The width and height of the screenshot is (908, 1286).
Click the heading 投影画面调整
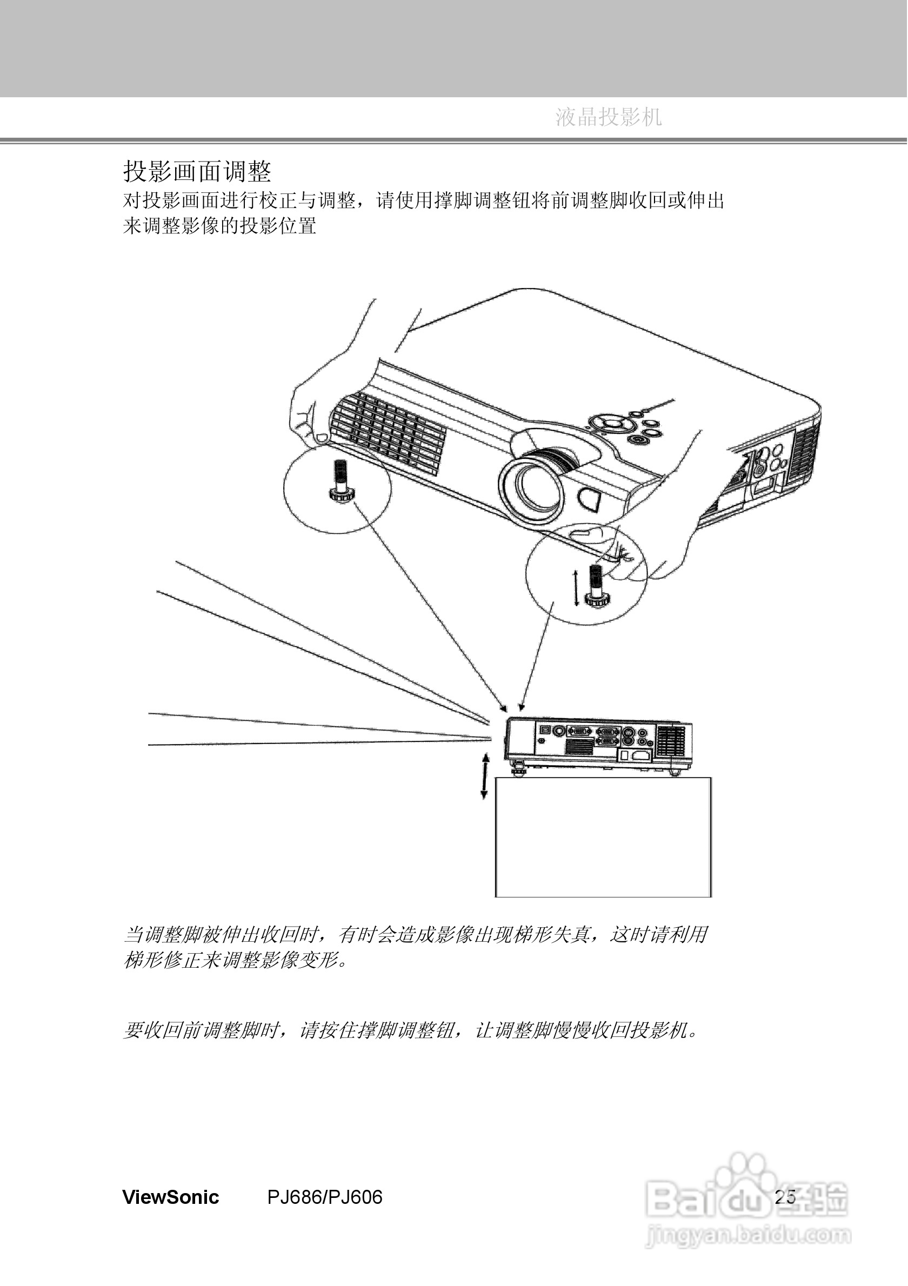pyautogui.click(x=197, y=171)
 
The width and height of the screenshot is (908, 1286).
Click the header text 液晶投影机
pyautogui.click(x=609, y=117)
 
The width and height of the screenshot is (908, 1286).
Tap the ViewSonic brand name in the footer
pyautogui.click(x=171, y=1197)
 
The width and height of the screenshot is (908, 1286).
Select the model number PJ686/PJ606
pyautogui.click(x=325, y=1197)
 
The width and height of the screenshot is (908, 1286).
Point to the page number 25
pyautogui.click(x=785, y=1197)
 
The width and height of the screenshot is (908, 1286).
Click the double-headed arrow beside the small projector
pyautogui.click(x=485, y=776)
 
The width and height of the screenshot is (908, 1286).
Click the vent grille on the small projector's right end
pyautogui.click(x=671, y=740)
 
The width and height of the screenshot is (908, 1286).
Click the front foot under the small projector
pyautogui.click(x=517, y=772)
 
